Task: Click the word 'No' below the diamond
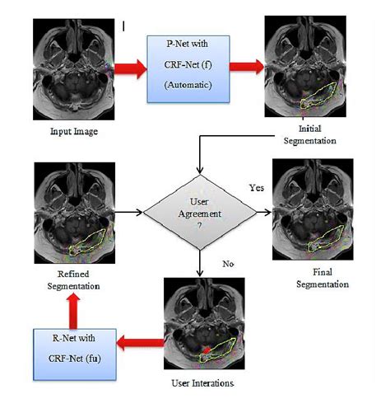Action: tap(230, 263)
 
